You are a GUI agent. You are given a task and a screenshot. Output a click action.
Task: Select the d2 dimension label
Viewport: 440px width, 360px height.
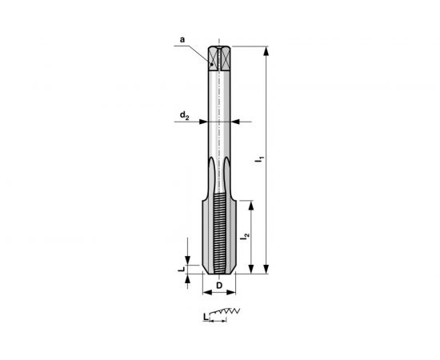(x=183, y=117)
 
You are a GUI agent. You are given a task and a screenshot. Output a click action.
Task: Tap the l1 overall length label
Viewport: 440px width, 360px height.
(x=258, y=160)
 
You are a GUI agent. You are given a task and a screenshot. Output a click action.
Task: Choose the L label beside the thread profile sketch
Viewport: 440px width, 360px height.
(x=206, y=317)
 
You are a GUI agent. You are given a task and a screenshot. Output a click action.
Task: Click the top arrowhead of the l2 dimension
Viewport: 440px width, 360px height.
(x=254, y=203)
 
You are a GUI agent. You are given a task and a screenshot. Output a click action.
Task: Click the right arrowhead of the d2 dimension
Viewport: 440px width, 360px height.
(x=236, y=122)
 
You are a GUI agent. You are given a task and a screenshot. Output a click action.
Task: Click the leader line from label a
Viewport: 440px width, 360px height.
(x=199, y=50)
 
